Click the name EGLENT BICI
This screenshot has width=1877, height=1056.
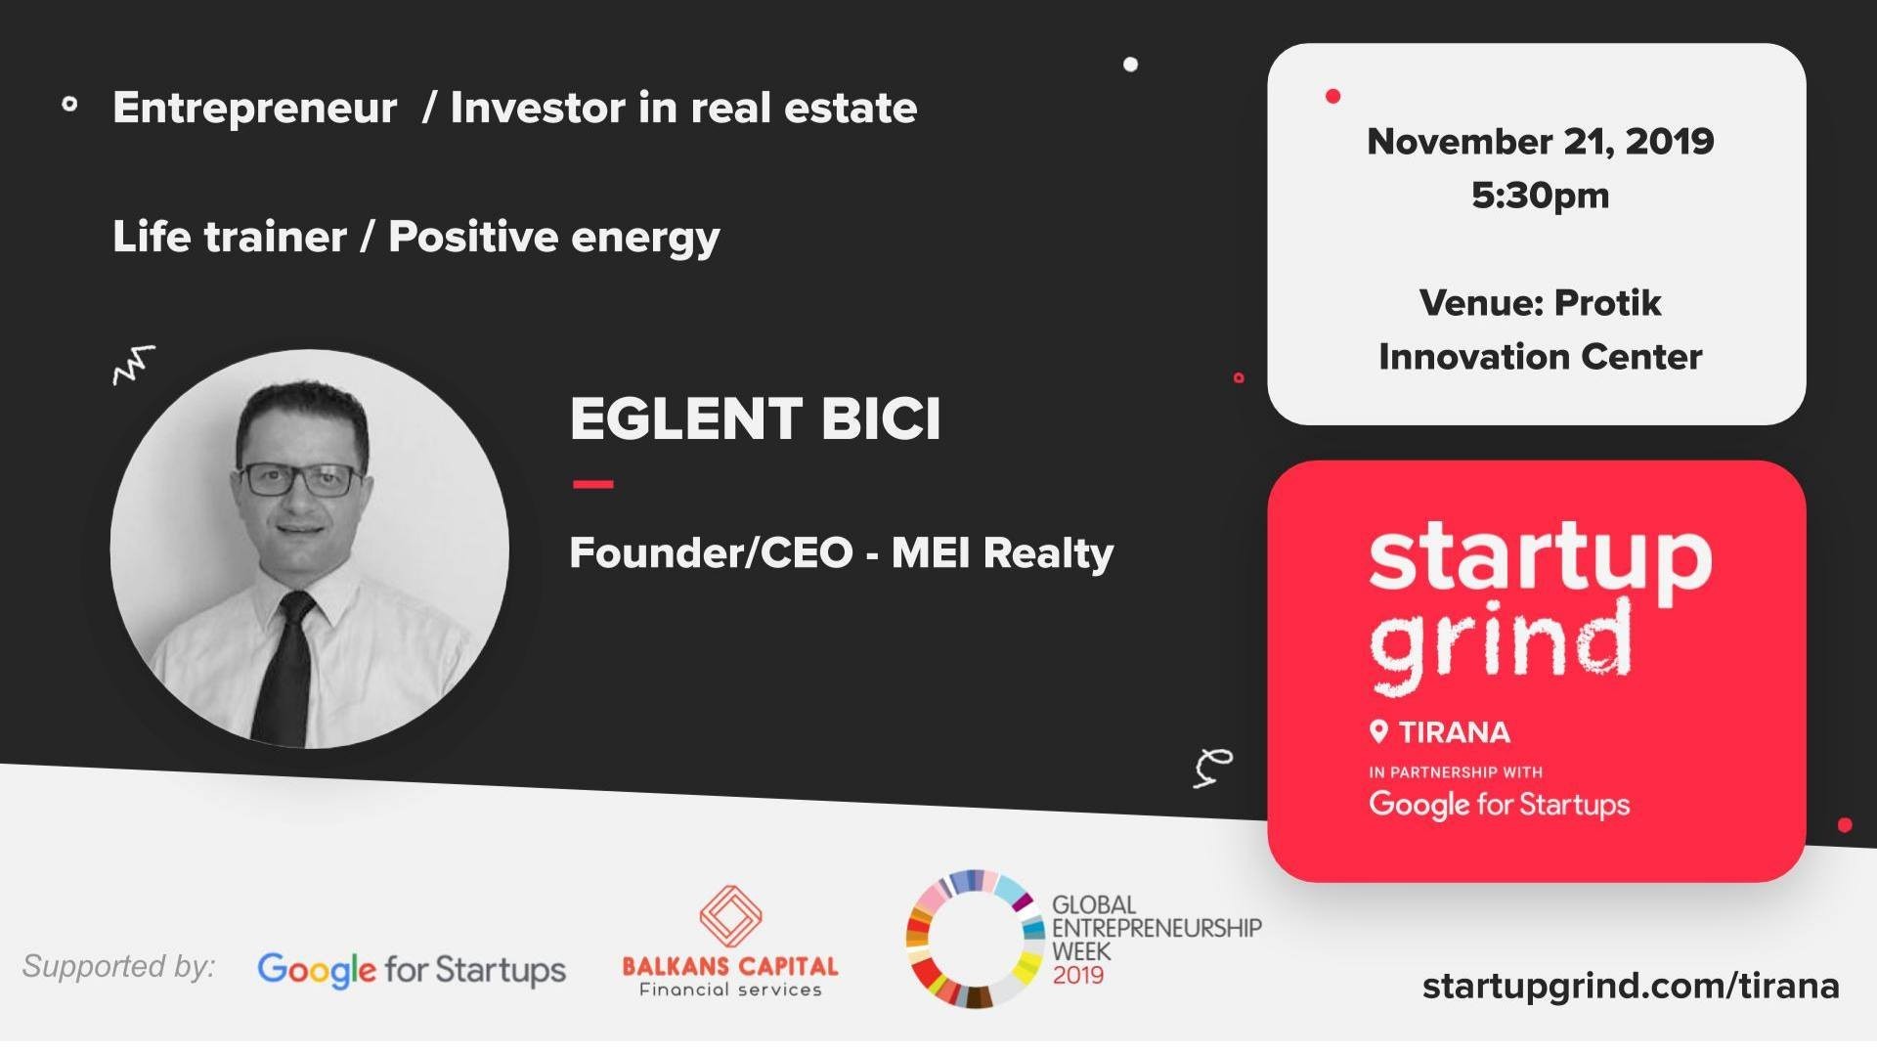point(755,419)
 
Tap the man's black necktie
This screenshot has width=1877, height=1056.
point(284,675)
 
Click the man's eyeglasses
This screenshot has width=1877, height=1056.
point(300,479)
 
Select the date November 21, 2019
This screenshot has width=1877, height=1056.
point(1540,142)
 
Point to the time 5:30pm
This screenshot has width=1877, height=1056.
point(1540,196)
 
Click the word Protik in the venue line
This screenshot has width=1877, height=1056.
point(1607,303)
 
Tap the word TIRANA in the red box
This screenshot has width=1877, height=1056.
point(1455,732)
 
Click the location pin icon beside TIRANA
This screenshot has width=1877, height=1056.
point(1379,731)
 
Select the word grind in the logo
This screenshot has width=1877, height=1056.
point(1500,640)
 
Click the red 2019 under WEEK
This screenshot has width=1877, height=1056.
point(1077,976)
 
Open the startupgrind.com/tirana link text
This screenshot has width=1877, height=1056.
point(1630,986)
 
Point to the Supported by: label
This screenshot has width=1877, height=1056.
point(118,966)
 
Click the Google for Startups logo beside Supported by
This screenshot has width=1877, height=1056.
point(412,970)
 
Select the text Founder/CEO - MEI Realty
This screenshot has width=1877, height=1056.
point(841,553)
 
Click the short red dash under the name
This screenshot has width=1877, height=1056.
point(592,484)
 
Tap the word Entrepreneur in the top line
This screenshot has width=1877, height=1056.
point(254,108)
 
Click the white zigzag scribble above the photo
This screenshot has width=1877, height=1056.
point(134,364)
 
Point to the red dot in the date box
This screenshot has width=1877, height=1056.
point(1332,96)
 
